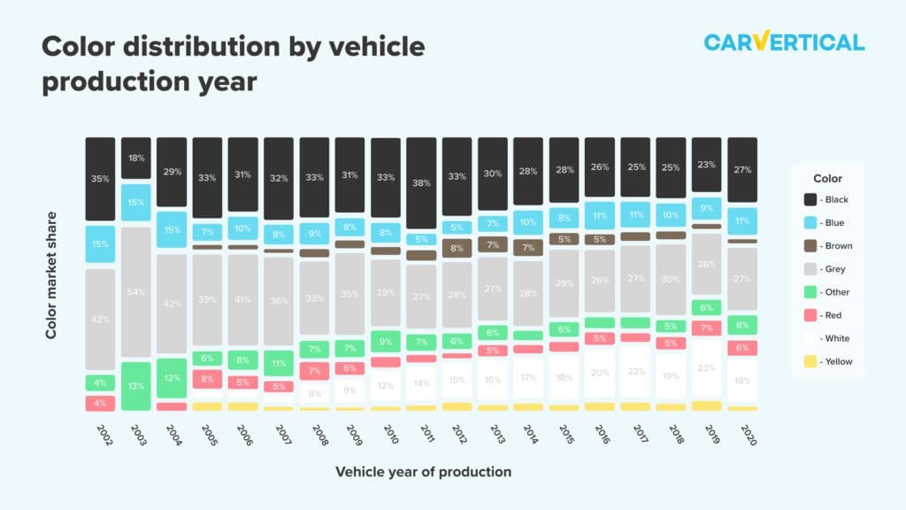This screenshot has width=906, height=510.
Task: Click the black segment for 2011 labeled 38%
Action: [x=421, y=183]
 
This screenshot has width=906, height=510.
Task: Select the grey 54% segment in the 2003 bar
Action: [x=135, y=292]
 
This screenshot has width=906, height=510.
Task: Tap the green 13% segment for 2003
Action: [x=135, y=386]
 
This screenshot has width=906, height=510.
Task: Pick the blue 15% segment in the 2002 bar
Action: [x=100, y=244]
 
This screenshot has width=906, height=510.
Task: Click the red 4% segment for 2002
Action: [x=100, y=404]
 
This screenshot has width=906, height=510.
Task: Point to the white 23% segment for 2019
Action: [x=706, y=367]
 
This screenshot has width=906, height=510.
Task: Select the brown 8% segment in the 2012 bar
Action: [x=457, y=249]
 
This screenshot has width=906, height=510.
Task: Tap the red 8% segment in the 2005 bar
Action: [x=207, y=379]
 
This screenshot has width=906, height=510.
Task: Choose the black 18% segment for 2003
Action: [x=135, y=158]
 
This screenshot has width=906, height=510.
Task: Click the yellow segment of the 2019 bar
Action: [x=706, y=406]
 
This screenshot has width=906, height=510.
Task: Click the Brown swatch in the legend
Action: [x=809, y=246]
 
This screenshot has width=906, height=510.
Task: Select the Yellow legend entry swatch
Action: [x=809, y=361]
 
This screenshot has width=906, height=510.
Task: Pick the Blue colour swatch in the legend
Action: [x=809, y=223]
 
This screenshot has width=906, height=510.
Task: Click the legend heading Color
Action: [x=827, y=178]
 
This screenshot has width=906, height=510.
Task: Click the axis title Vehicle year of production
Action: [x=423, y=472]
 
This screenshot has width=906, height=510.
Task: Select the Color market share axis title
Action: [x=51, y=274]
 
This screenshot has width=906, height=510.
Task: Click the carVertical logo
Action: [x=784, y=42]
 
